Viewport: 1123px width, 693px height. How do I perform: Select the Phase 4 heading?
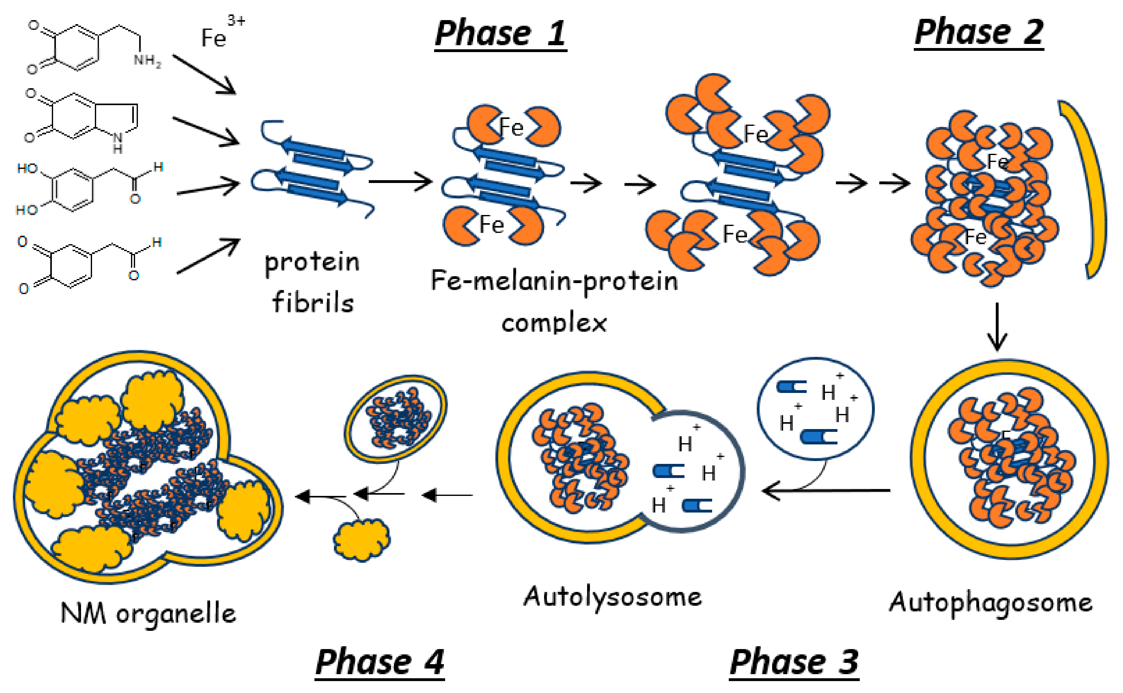pos(380,662)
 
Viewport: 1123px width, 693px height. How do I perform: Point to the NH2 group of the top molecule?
pos(147,60)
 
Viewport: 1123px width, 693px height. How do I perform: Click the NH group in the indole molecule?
pos(117,142)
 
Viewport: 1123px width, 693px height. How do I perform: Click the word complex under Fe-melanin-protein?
pos(554,323)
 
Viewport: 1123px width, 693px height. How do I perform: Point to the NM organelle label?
pos(148,613)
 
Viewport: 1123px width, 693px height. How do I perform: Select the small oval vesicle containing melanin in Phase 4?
pos(395,418)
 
